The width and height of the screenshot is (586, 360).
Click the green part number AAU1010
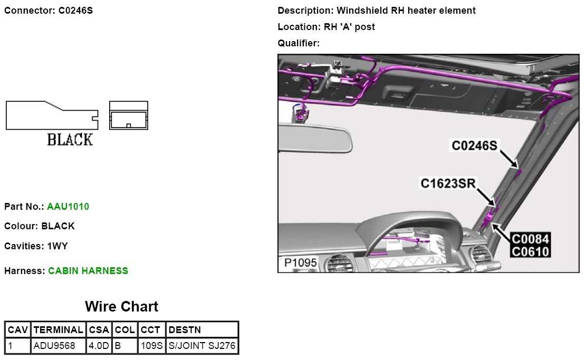[68, 207]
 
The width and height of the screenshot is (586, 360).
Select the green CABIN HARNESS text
[88, 271]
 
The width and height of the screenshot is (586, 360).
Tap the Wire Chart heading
[121, 307]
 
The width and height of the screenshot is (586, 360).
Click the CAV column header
[17, 330]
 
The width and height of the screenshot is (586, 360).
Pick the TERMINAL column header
[58, 330]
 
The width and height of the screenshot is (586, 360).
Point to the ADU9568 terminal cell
[54, 346]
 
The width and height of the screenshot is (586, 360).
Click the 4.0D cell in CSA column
[99, 346]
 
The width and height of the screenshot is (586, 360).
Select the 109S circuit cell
[151, 346]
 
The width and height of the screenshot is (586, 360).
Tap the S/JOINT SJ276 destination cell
[202, 346]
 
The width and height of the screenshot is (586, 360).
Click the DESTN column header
[184, 330]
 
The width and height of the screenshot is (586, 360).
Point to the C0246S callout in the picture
[474, 145]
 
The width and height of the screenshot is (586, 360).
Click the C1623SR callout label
[448, 183]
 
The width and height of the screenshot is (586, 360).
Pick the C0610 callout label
[530, 252]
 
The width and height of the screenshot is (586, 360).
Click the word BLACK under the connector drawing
[70, 140]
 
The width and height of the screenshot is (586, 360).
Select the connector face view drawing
[129, 116]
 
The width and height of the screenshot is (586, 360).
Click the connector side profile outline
[51, 116]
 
